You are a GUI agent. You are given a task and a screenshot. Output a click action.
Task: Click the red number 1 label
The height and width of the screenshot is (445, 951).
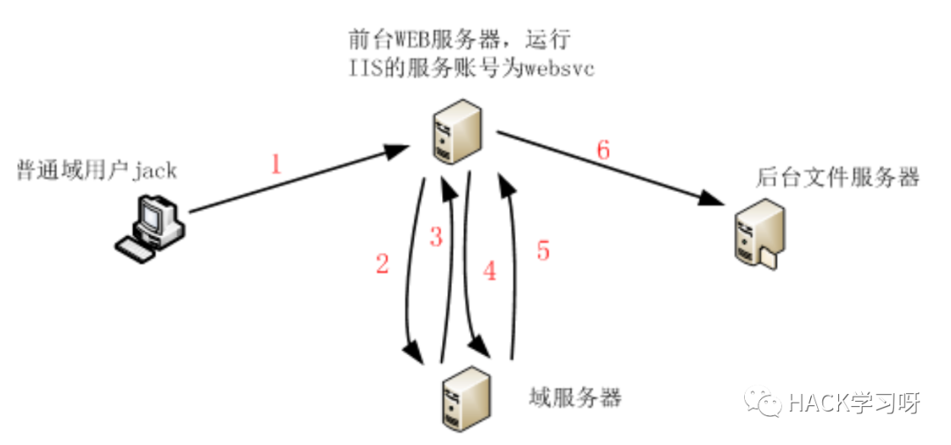click(x=276, y=165)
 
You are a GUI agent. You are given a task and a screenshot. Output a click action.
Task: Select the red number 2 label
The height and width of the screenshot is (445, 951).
click(x=381, y=265)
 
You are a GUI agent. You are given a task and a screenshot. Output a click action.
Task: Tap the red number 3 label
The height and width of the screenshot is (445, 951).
click(x=435, y=237)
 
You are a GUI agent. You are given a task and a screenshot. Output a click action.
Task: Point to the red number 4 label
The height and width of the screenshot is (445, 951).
click(x=490, y=271)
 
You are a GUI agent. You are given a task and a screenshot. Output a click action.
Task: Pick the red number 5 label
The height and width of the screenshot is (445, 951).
click(x=543, y=251)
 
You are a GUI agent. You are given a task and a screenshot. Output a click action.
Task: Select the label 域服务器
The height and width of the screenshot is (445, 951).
click(x=577, y=397)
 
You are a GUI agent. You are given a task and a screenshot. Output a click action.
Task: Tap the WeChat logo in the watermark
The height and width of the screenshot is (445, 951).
click(x=763, y=402)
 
